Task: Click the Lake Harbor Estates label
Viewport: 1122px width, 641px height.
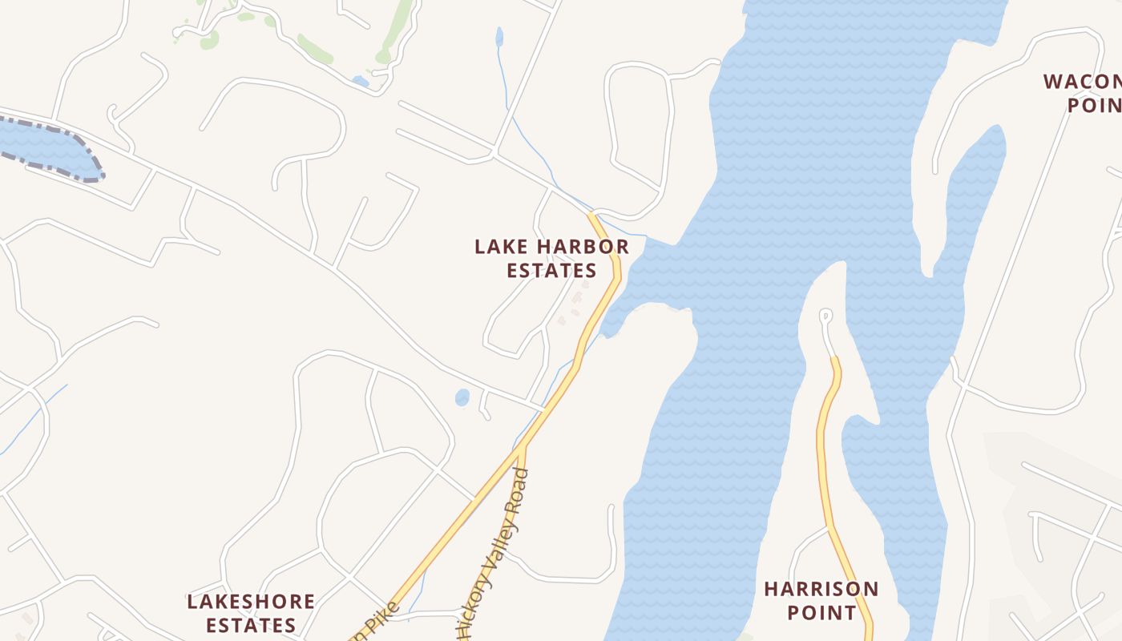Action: click(551, 258)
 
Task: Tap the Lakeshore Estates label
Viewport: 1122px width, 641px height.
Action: click(250, 613)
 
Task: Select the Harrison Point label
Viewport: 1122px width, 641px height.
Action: click(821, 601)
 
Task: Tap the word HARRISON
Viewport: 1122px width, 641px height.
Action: click(821, 590)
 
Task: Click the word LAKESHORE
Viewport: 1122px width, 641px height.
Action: click(250, 602)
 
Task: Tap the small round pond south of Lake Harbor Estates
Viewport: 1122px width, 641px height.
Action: click(462, 397)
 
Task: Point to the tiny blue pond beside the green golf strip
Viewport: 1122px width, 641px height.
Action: click(361, 81)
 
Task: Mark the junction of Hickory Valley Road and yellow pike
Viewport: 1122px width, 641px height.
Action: click(522, 449)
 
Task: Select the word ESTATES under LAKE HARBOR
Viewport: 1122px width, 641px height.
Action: click(551, 270)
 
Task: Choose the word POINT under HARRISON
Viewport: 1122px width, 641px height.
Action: click(821, 613)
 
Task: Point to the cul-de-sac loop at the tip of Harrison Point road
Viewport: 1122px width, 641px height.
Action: click(825, 316)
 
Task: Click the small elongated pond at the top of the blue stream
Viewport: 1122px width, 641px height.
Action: click(499, 37)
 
